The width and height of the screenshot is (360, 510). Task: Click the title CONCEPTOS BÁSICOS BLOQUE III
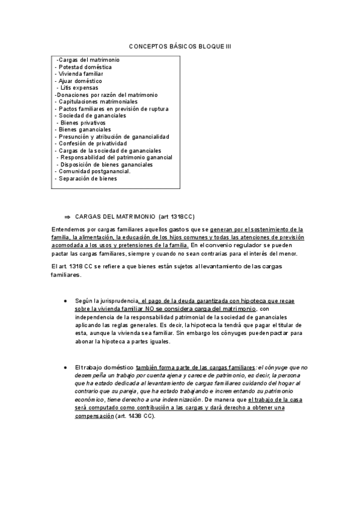coord(180,46)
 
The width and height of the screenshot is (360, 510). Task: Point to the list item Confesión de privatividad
coord(93,144)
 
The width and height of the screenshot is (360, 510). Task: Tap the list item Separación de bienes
coord(88,179)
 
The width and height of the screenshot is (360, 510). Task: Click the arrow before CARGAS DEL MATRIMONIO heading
coord(67,216)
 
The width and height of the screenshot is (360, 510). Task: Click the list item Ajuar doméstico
coord(80,81)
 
